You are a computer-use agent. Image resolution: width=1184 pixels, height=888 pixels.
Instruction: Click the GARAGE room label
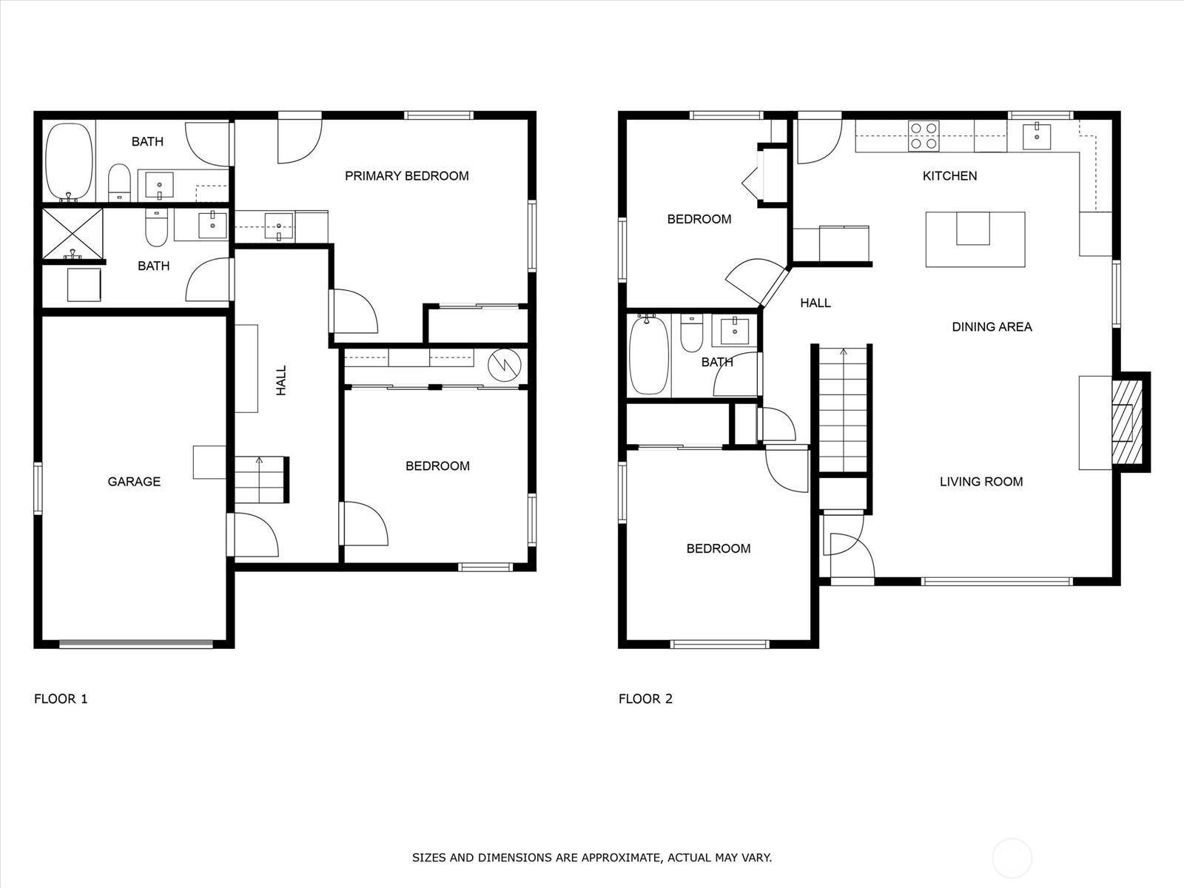[x=134, y=482]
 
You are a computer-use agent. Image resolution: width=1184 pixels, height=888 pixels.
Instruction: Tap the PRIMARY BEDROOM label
[x=407, y=176]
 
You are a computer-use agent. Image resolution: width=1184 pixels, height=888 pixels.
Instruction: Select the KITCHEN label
[x=949, y=176]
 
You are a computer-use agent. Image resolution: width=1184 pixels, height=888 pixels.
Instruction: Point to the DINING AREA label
[x=992, y=327]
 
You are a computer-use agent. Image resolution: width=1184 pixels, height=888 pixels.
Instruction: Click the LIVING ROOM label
[x=981, y=482]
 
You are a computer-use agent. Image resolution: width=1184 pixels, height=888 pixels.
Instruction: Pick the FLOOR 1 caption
[x=61, y=699]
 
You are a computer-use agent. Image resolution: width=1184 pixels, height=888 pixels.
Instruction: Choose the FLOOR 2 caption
[x=646, y=699]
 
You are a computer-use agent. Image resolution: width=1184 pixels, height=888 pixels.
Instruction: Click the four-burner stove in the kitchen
[x=924, y=135]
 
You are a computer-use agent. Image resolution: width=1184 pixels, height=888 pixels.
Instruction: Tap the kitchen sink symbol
[x=1037, y=137]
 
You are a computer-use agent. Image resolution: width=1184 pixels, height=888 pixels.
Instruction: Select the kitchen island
[x=975, y=239]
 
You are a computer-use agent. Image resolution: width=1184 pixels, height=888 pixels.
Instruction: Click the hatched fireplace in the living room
[x=1127, y=422]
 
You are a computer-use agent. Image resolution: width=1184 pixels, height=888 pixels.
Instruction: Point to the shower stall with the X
[x=73, y=233]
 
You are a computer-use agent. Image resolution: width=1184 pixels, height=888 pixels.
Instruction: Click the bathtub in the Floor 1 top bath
[x=69, y=162]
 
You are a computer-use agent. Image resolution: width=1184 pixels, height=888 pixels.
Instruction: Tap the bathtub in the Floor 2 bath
[x=650, y=355]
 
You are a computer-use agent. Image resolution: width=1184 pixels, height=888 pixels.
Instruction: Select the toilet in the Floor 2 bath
[x=691, y=333]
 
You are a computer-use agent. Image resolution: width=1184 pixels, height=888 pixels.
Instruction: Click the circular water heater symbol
[x=505, y=366]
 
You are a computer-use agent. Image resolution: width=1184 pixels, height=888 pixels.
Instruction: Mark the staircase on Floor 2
[x=843, y=410]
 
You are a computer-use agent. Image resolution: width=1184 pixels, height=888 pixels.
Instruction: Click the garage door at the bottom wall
[x=136, y=643]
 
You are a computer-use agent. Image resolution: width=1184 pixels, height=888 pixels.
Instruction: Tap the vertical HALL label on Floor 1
[x=282, y=380]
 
